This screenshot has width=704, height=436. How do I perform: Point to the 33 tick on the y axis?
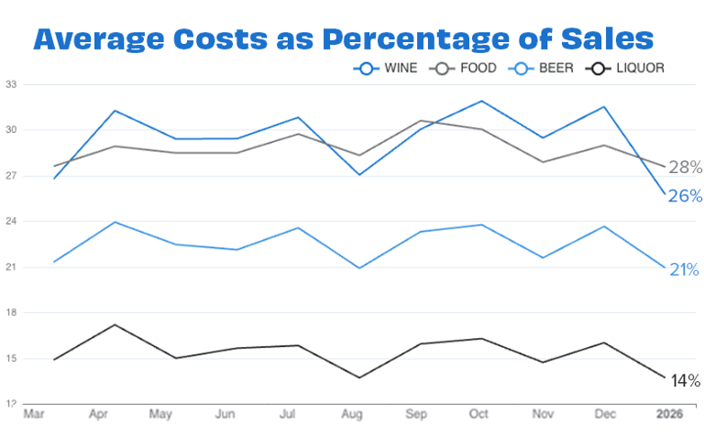(11, 84)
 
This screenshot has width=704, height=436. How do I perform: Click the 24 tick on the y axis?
(11, 222)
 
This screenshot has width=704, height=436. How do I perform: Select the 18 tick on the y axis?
(11, 313)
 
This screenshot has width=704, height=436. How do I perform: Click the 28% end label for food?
(685, 168)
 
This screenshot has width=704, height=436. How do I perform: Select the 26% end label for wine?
(685, 196)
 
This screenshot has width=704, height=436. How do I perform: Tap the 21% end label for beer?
(685, 270)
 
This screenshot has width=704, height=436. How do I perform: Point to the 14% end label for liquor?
(685, 380)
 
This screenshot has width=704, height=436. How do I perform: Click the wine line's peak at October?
(482, 101)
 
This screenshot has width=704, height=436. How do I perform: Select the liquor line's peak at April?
(115, 324)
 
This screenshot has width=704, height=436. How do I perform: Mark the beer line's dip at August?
(359, 268)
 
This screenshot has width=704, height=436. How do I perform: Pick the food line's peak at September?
(421, 120)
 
